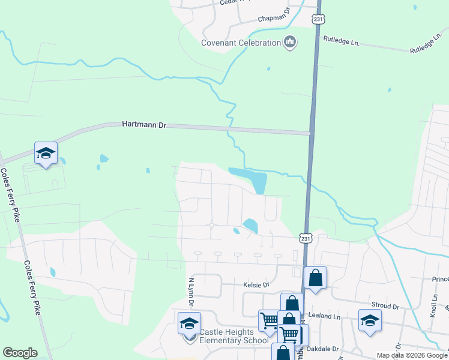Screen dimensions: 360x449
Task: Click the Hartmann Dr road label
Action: point(143,125)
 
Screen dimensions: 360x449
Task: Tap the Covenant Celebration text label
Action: point(241,43)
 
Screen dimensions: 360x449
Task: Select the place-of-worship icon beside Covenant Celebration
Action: point(290,42)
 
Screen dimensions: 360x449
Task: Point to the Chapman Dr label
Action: point(274,19)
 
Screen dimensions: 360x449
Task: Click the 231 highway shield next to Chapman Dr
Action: point(319,19)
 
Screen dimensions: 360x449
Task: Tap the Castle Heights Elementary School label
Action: point(234,337)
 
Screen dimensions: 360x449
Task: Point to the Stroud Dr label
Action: point(386,306)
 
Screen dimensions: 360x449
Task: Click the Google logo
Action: point(20,353)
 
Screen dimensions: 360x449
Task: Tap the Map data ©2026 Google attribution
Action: point(412,355)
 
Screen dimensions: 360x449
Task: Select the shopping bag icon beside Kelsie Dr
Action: point(316,278)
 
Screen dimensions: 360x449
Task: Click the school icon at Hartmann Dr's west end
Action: point(46,154)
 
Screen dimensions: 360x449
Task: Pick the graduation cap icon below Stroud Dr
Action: point(370,320)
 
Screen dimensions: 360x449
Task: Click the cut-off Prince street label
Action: point(440,279)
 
